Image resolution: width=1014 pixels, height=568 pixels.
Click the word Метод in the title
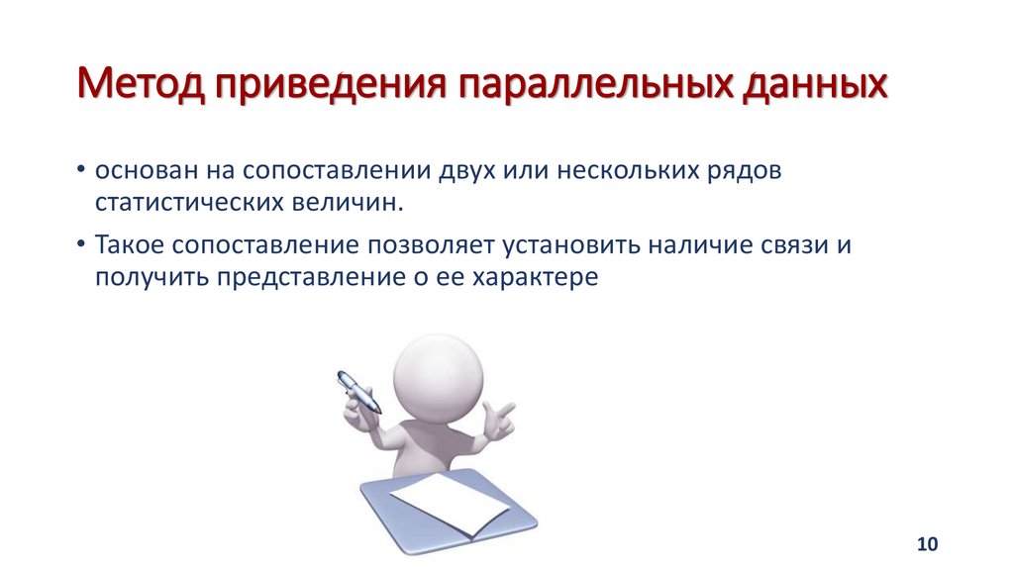click(138, 85)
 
